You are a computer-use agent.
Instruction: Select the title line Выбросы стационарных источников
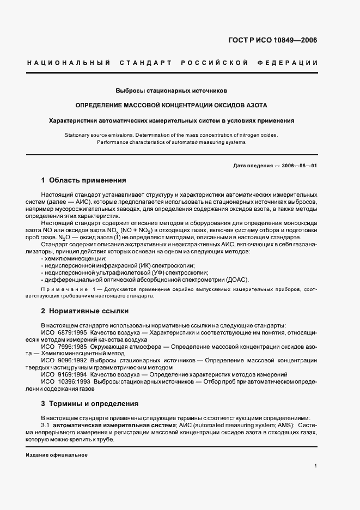coord(172,89)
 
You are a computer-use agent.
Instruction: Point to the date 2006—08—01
coord(299,165)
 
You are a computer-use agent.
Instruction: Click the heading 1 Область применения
coord(84,180)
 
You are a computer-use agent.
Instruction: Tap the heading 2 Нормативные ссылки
coord(85,311)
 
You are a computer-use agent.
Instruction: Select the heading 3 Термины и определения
coord(90,404)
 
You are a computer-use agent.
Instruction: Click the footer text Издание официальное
coord(57,454)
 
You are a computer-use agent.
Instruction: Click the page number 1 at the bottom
coord(316,465)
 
